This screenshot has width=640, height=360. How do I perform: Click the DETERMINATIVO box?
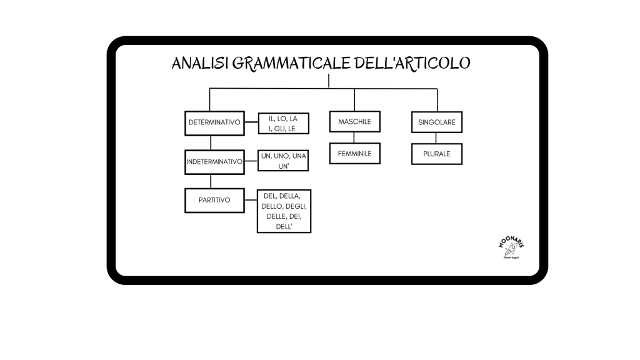tap(214, 122)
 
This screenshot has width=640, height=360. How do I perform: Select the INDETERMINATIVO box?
tap(214, 162)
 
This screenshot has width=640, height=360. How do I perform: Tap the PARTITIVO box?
tap(214, 200)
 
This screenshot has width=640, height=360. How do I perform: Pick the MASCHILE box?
tap(354, 122)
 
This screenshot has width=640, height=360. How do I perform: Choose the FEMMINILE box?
tap(354, 153)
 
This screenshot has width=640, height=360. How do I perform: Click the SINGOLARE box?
tap(437, 122)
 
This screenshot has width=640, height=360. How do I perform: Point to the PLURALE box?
tap(437, 154)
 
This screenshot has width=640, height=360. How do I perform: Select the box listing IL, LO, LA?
tap(284, 124)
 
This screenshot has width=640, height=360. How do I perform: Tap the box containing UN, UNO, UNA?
tap(284, 161)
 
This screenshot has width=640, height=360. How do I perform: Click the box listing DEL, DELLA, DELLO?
tap(284, 211)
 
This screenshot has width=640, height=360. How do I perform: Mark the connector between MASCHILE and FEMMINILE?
tap(354, 137)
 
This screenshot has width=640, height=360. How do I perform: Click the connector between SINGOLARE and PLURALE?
tap(437, 138)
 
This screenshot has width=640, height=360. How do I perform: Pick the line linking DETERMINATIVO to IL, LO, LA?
tap(251, 123)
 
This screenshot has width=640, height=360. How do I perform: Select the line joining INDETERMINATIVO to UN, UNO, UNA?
tap(251, 161)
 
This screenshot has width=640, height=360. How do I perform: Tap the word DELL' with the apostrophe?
tap(284, 227)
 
